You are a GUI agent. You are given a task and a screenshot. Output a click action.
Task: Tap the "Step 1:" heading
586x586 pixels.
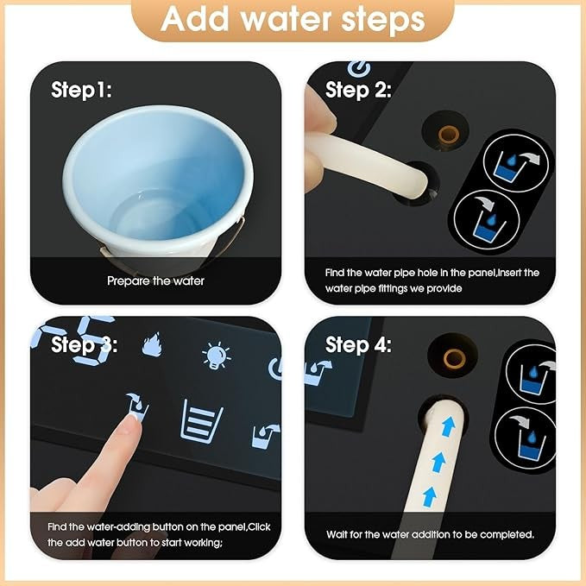tap(81, 90)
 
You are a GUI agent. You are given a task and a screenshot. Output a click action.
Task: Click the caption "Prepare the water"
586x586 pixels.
tap(155, 280)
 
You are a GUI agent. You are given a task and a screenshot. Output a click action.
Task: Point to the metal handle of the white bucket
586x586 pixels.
tap(239, 229)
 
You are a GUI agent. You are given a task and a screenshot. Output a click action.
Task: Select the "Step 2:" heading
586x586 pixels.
tap(358, 90)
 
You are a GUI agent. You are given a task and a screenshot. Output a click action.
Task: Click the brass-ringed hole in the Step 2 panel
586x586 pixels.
tap(448, 134)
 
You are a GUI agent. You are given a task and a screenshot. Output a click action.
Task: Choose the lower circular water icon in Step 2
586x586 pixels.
tap(487, 220)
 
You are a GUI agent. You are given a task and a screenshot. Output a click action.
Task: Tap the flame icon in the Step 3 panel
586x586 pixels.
tap(152, 343)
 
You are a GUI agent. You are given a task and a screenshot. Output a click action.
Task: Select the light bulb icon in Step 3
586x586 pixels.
tap(216, 355)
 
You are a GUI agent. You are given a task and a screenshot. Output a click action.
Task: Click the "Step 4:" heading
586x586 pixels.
tap(358, 344)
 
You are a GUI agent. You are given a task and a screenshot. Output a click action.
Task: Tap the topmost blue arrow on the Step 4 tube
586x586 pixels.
tap(449, 426)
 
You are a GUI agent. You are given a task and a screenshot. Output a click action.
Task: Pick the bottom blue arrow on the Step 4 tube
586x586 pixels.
tap(430, 497)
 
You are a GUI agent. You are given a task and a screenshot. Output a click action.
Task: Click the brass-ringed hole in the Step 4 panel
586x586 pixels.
tap(454, 358)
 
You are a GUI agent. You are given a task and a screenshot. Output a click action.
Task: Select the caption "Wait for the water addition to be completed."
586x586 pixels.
tap(430, 534)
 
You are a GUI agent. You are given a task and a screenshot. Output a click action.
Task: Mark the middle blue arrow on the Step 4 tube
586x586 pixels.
tap(438, 462)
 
